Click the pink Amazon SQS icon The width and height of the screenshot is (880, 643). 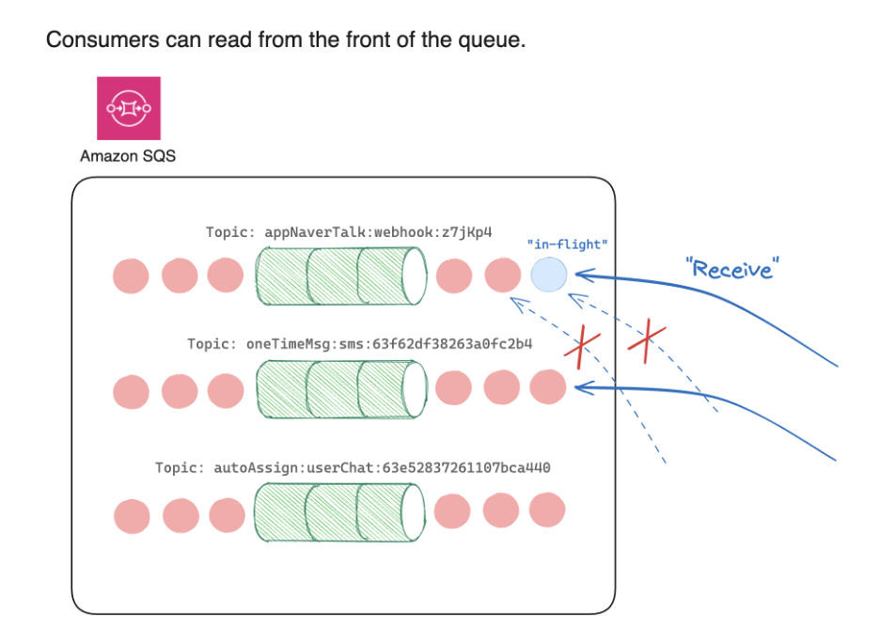point(129,108)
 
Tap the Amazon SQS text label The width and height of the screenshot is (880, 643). point(128,156)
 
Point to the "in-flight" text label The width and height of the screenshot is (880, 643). point(567,245)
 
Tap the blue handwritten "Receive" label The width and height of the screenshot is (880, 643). point(732,268)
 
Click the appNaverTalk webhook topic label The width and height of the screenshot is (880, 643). point(350,231)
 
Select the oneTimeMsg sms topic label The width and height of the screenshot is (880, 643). point(360,344)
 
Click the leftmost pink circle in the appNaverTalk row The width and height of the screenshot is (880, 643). point(131,275)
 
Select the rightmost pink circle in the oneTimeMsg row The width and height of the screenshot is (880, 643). point(548,387)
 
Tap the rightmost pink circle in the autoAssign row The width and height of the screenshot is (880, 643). point(547,510)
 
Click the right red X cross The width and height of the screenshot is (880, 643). point(646,342)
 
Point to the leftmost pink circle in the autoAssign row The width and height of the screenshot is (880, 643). point(132,515)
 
